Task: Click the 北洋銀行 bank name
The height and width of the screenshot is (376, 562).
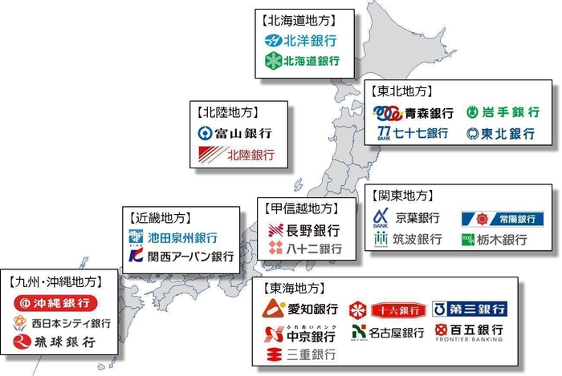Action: click(308, 40)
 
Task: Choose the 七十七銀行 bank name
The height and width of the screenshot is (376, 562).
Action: click(421, 133)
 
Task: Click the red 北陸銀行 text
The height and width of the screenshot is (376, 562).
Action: click(250, 154)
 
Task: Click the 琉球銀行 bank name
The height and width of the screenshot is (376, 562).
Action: click(64, 342)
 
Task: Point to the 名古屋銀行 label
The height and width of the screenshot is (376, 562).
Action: click(400, 332)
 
